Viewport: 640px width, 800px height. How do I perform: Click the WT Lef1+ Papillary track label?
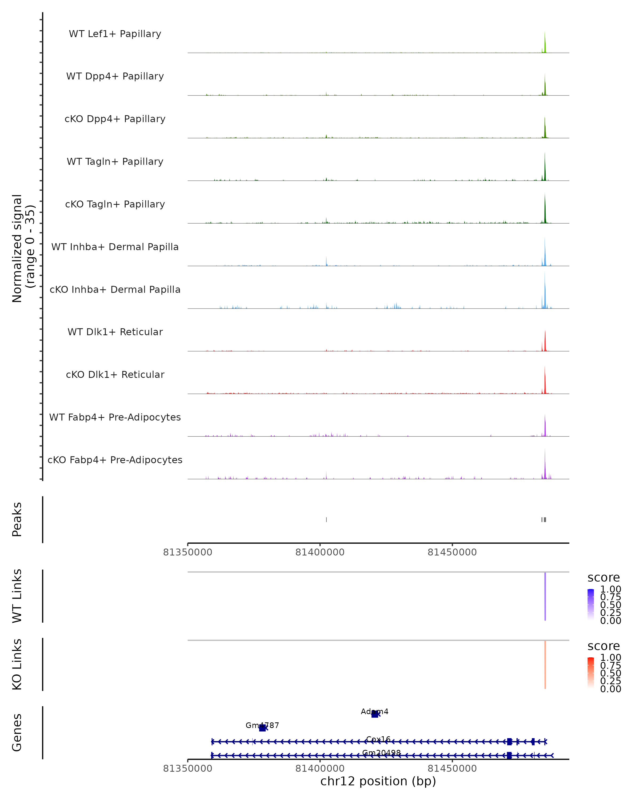point(115,34)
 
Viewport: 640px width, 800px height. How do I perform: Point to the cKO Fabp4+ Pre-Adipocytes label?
point(115,460)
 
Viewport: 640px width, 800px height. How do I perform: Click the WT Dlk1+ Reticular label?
point(115,332)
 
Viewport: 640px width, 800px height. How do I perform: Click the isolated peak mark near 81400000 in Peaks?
point(326,519)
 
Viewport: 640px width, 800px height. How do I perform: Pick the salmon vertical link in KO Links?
point(545,665)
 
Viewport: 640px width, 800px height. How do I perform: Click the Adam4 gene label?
point(374,711)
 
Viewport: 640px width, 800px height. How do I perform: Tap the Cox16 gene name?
point(378,739)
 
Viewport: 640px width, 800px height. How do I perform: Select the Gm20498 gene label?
point(381,753)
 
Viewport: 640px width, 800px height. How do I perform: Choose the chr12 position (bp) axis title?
point(378,781)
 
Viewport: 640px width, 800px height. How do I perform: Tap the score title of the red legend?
point(604,646)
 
